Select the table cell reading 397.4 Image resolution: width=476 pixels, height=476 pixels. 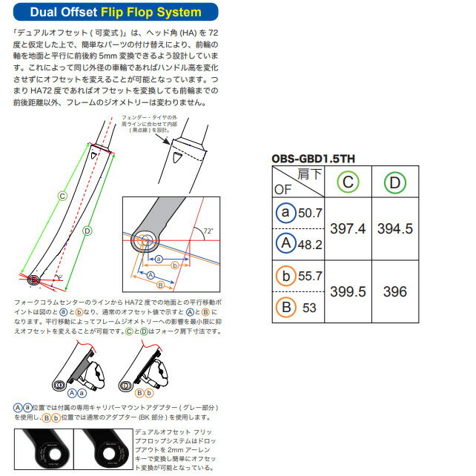(x=349, y=229)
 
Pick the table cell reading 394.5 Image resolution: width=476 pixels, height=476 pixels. (x=395, y=229)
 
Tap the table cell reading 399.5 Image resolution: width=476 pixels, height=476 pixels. (x=349, y=292)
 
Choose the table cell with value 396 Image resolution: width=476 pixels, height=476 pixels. (x=395, y=292)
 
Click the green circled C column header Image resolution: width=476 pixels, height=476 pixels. (x=349, y=182)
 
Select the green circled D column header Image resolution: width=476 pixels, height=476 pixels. (x=395, y=182)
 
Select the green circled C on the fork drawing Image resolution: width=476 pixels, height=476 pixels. (x=62, y=196)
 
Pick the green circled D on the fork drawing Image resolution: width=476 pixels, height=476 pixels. (x=87, y=231)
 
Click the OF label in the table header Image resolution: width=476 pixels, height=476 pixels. (x=283, y=189)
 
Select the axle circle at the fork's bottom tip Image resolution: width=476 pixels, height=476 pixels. (x=33, y=280)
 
